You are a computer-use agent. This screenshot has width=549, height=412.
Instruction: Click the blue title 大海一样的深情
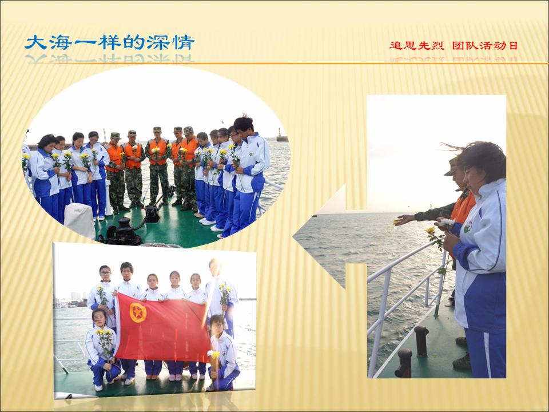click(x=110, y=43)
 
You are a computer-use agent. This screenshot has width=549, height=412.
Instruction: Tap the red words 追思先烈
click(x=417, y=46)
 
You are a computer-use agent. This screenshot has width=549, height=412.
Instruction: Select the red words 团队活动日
click(x=485, y=46)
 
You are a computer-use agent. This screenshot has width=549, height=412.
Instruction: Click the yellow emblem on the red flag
click(x=138, y=312)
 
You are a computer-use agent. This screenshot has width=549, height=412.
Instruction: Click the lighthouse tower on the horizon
click(x=280, y=135)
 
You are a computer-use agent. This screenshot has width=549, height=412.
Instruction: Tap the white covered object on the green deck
click(x=79, y=220)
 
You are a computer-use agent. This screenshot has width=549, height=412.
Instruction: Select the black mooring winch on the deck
click(x=121, y=232)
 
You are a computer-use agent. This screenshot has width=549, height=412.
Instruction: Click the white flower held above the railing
click(x=447, y=222)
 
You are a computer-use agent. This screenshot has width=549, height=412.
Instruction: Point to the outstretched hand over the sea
click(x=404, y=220)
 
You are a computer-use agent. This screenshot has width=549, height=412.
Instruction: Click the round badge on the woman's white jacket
click(x=467, y=227)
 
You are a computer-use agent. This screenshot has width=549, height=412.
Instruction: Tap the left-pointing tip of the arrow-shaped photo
click(x=293, y=237)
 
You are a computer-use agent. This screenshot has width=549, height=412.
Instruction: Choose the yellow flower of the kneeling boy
click(x=213, y=354)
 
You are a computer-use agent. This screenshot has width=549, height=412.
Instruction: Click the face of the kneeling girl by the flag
click(x=99, y=319)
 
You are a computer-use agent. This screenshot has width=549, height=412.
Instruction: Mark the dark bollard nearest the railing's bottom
click(x=404, y=363)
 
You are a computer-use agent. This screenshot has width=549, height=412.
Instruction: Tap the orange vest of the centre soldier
click(x=158, y=151)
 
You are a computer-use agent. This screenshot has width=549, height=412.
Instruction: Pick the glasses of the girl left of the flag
click(x=105, y=273)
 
